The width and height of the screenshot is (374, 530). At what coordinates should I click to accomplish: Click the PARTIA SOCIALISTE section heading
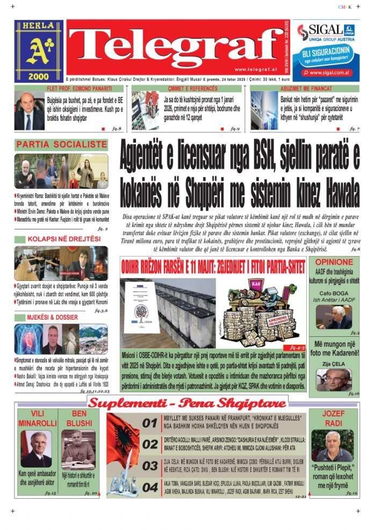[x=62, y=145]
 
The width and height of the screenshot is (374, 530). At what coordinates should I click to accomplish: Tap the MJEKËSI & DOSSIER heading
[x=53, y=317]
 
